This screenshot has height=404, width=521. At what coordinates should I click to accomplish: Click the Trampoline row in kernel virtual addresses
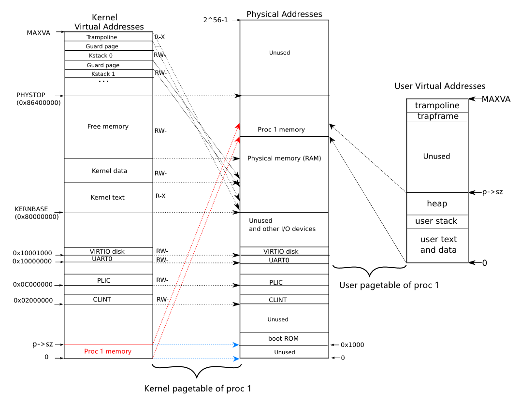click(x=101, y=37)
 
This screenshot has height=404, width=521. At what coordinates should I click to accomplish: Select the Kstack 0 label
click(x=101, y=56)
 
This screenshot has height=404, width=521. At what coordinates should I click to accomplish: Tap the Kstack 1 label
click(x=103, y=74)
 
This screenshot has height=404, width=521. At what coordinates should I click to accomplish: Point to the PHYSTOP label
click(x=31, y=95)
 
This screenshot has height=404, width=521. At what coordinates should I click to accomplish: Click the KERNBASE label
click(x=31, y=209)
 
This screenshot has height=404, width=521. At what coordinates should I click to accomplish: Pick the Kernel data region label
click(x=109, y=171)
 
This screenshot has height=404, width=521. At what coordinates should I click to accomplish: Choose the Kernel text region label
click(x=108, y=197)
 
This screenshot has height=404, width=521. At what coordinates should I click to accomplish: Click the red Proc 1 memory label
click(x=108, y=351)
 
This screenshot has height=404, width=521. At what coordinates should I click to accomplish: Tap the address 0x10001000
click(x=32, y=253)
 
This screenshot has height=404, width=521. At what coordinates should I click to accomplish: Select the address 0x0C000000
click(x=33, y=285)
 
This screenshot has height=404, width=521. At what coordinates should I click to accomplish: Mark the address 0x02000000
click(x=33, y=300)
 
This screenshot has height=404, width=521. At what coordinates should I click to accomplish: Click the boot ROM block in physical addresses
click(x=283, y=338)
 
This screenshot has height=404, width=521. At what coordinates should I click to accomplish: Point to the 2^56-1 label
click(x=216, y=20)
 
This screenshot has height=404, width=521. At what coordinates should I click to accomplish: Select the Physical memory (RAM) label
click(x=284, y=158)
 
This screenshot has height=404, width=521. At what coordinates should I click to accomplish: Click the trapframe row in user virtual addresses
click(x=437, y=116)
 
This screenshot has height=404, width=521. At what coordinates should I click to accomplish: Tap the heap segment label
click(x=437, y=203)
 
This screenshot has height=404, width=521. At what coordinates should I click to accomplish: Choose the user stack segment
click(x=436, y=221)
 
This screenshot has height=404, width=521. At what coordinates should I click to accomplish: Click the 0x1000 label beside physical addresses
click(x=352, y=345)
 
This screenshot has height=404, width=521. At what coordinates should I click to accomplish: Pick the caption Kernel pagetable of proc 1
click(x=198, y=389)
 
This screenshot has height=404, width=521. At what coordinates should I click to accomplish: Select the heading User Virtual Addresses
click(x=439, y=86)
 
